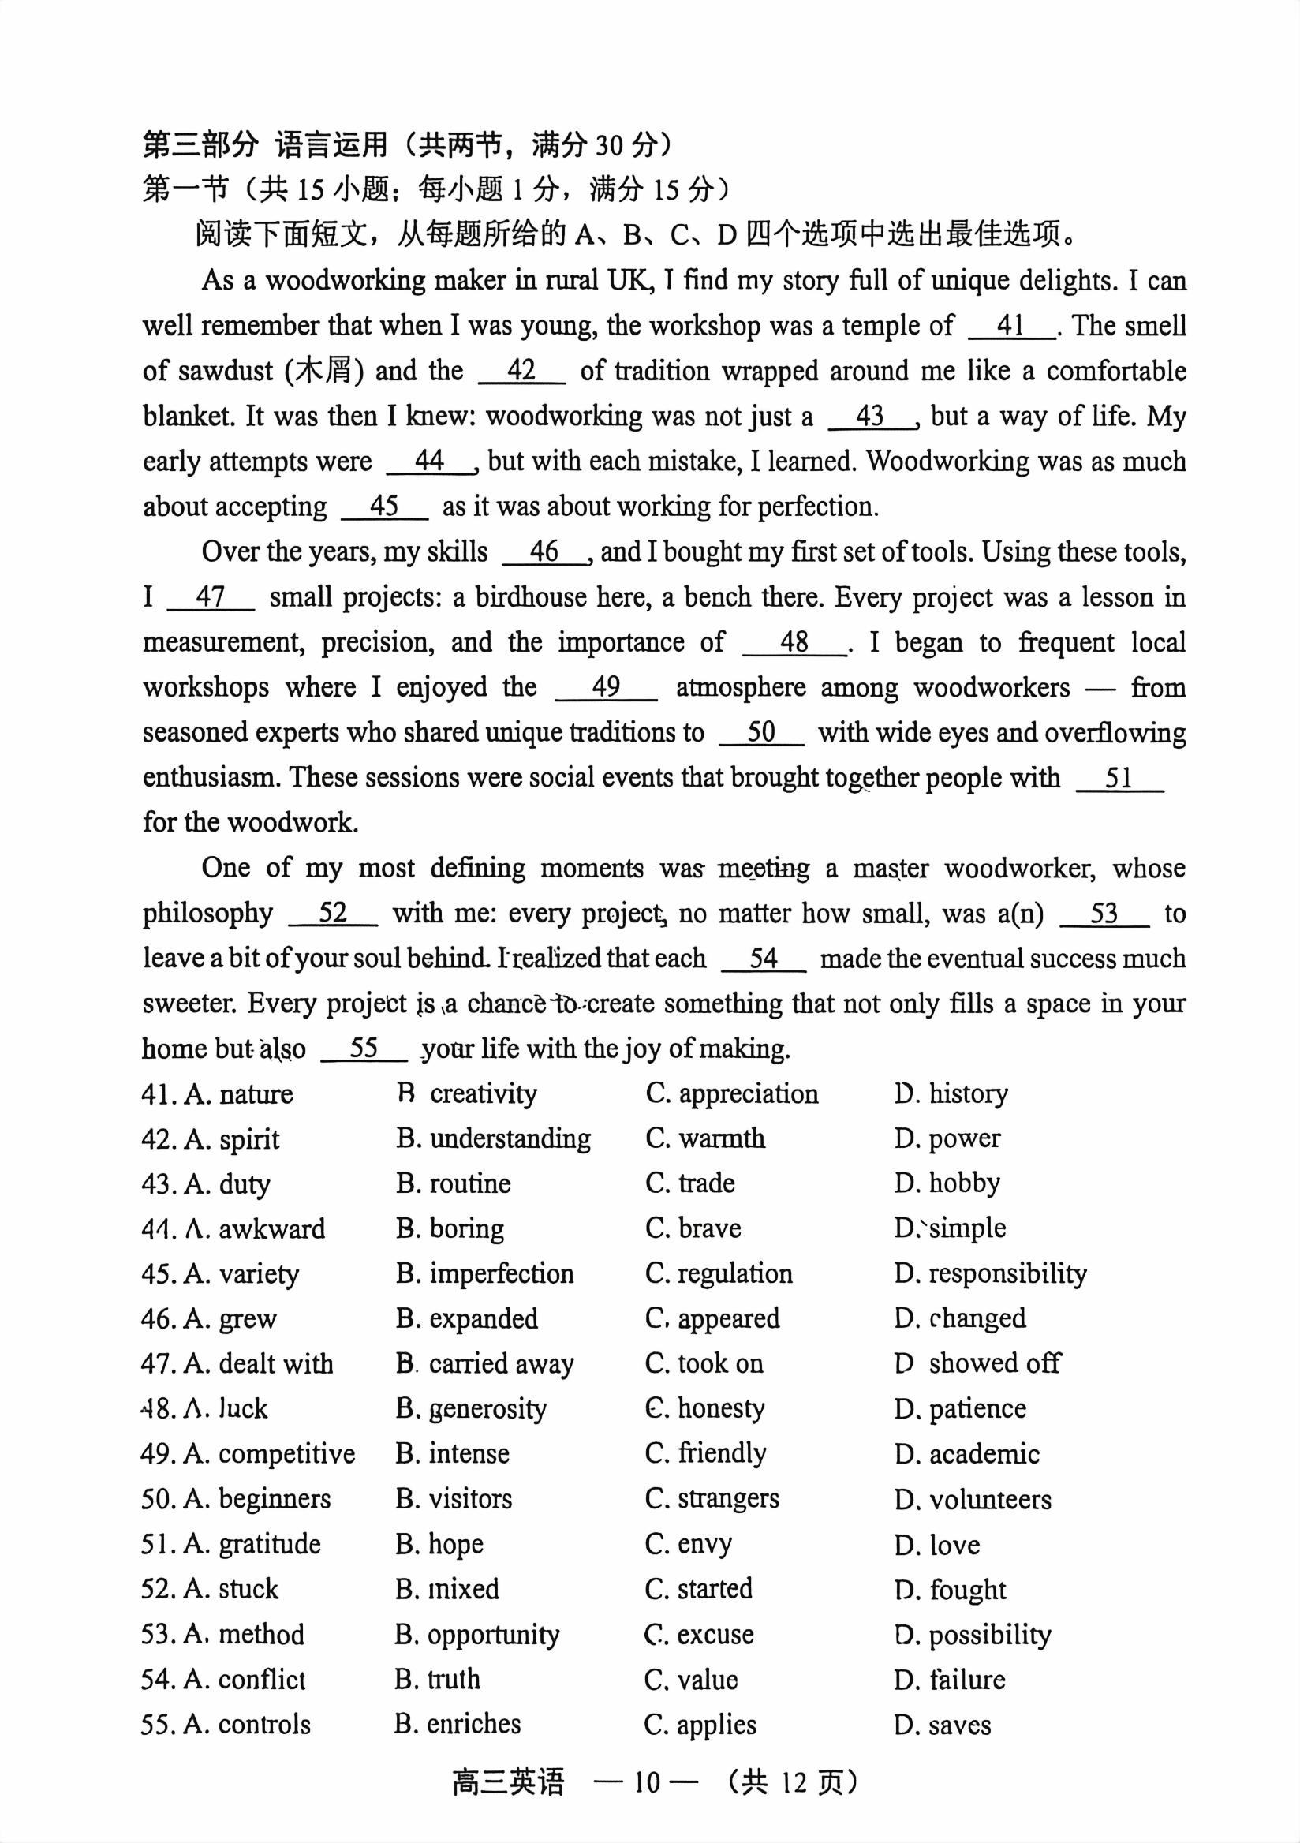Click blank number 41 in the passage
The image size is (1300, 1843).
tap(1010, 326)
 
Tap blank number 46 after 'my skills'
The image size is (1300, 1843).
tap(544, 551)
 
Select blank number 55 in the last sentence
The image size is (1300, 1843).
tap(364, 1049)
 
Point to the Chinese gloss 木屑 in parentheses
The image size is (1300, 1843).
tap(323, 371)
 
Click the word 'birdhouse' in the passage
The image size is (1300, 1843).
tap(531, 597)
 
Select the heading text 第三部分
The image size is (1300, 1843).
tap(200, 145)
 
